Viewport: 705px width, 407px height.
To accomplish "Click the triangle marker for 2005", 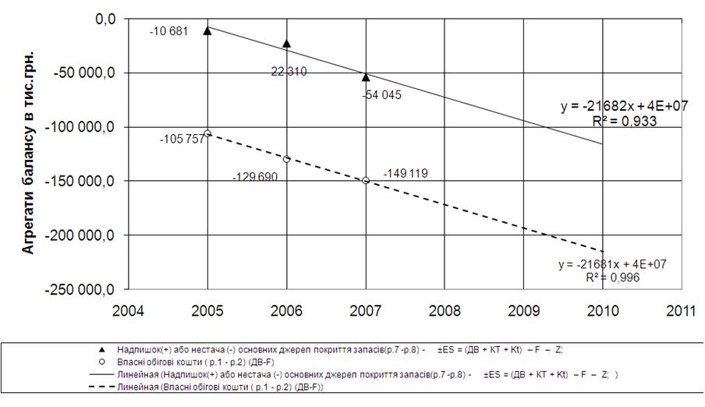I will click(x=207, y=30).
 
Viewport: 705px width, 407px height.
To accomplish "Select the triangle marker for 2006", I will click(x=287, y=44).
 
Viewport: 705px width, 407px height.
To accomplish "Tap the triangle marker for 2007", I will click(x=366, y=76).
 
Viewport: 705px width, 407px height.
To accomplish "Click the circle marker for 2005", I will click(x=207, y=133).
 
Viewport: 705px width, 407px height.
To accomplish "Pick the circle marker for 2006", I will click(x=287, y=159).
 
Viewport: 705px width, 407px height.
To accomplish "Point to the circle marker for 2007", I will click(x=366, y=180).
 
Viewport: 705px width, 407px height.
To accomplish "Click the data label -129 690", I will click(x=254, y=177).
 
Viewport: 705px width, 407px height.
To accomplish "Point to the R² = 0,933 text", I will click(x=624, y=121).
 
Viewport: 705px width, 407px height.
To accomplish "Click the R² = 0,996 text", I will click(x=611, y=277).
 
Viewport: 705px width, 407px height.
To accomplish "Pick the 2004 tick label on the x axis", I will click(x=129, y=310).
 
